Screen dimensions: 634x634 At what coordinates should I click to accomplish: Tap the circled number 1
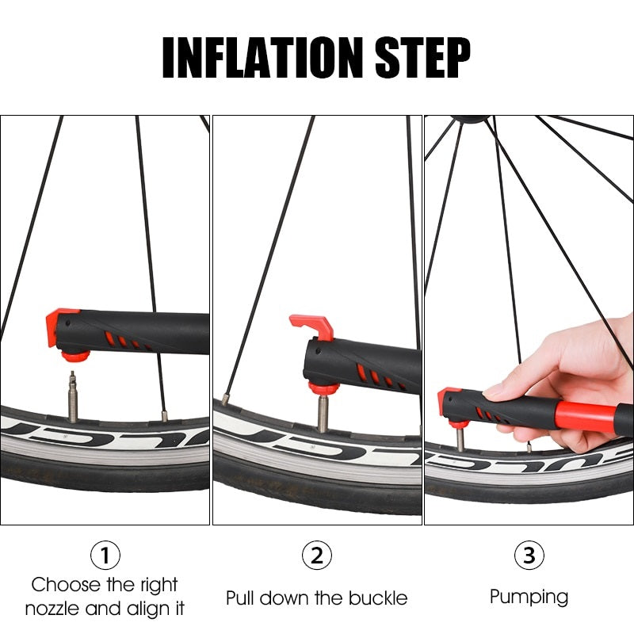pyautogui.click(x=105, y=555)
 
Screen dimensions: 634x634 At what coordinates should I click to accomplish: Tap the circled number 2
pyautogui.click(x=317, y=555)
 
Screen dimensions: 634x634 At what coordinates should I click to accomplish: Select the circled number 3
pyautogui.click(x=529, y=555)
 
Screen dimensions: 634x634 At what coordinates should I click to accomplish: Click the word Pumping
pyautogui.click(x=529, y=596)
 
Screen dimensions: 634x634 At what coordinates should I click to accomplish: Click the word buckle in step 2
pyautogui.click(x=376, y=597)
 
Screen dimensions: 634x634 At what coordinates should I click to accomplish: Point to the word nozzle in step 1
pyautogui.click(x=55, y=609)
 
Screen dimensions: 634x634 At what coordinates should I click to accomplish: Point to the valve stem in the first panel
pyautogui.click(x=73, y=396)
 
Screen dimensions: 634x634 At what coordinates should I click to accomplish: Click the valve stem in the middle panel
pyautogui.click(x=323, y=414)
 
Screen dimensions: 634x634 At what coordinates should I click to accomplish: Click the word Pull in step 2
pyautogui.click(x=241, y=597)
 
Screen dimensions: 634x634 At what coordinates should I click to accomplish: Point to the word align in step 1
pyautogui.click(x=148, y=609)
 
